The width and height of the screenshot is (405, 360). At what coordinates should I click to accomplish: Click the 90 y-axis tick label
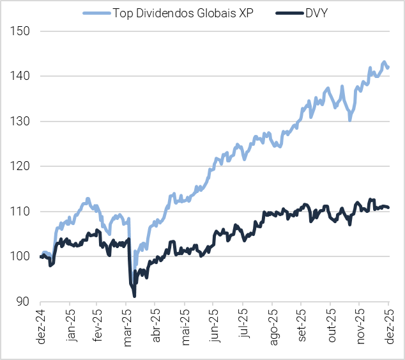[x=25, y=302]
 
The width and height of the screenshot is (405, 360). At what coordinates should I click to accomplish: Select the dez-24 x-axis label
[x=41, y=326]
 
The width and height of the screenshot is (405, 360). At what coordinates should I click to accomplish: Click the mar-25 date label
[x=128, y=326]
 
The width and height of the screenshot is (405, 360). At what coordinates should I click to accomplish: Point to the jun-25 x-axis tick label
[x=216, y=326]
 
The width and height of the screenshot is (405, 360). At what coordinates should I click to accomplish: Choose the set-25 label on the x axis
[x=303, y=326]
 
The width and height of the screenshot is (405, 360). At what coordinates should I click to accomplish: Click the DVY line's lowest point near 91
[x=134, y=295]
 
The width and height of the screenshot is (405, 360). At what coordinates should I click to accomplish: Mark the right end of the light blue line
[x=388, y=67]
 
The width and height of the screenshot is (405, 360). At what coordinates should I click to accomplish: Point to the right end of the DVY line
[x=388, y=207]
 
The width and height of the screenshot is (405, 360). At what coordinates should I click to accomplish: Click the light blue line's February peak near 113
[x=88, y=199]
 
